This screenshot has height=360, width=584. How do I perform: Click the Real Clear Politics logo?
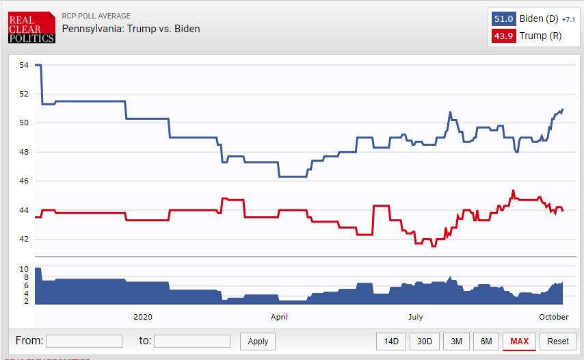(x=31, y=27)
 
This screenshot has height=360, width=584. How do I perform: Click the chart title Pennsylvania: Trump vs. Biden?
(x=131, y=29)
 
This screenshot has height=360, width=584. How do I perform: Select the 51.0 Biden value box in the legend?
(x=503, y=18)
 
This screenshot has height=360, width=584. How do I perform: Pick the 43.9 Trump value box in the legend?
(x=503, y=36)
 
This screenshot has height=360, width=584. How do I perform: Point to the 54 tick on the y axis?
(x=24, y=65)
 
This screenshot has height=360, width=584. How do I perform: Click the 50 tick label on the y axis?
(x=24, y=123)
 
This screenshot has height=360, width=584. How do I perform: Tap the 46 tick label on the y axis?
(x=24, y=181)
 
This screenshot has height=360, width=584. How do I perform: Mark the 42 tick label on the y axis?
(x=24, y=240)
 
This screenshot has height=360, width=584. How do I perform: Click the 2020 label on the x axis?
(x=143, y=317)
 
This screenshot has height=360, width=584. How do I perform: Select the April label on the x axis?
(x=279, y=317)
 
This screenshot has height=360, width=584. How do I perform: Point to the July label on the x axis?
(x=415, y=317)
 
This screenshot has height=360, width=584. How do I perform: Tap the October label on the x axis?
(x=554, y=317)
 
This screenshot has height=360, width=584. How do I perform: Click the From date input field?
(x=83, y=341)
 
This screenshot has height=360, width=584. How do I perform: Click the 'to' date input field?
(x=191, y=341)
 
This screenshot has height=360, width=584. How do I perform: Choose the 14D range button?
(x=391, y=341)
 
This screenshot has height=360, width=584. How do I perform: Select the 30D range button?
(x=425, y=341)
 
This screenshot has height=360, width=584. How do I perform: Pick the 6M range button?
(x=486, y=341)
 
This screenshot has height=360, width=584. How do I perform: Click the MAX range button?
(x=519, y=341)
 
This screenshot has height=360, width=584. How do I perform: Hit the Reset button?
(x=557, y=341)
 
